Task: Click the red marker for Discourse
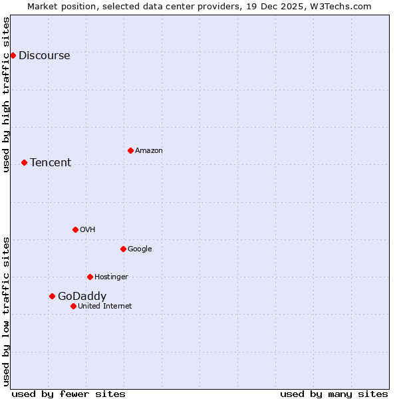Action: (13, 55)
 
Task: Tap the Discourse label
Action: (44, 56)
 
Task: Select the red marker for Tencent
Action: (24, 162)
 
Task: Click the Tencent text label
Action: (51, 163)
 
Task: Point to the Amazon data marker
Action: (130, 150)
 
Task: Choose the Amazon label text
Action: (149, 151)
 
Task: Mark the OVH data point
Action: (75, 229)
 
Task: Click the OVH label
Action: (87, 230)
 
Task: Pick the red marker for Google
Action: (123, 249)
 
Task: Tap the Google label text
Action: (140, 249)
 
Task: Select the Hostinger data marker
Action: (90, 277)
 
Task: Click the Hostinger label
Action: (111, 277)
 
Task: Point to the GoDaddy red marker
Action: (52, 296)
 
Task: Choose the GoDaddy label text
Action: (82, 297)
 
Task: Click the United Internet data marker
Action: (73, 306)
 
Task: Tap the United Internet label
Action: (104, 307)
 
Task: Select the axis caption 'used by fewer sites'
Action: (68, 394)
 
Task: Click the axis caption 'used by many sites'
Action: (334, 394)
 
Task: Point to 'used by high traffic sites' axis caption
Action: (7, 94)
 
